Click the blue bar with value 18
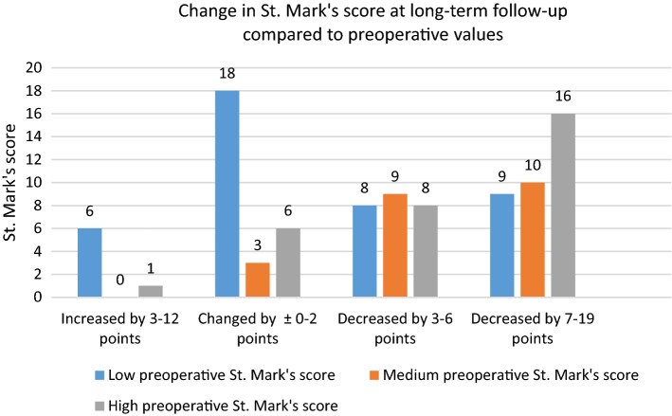(227, 194)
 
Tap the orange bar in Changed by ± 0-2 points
(257, 280)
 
